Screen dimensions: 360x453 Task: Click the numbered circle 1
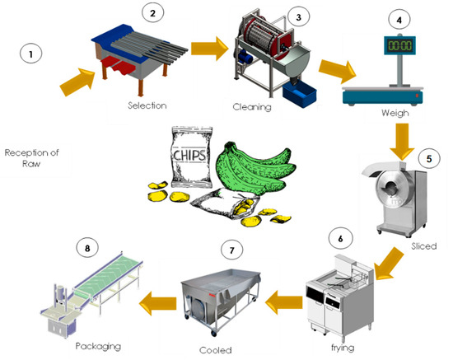[31, 54]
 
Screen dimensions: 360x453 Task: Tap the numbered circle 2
[152, 12]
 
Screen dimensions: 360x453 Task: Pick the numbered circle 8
[85, 246]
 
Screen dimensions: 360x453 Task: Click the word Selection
[147, 106]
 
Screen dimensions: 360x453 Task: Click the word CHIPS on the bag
[188, 152]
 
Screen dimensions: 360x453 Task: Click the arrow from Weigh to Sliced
[404, 139]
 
